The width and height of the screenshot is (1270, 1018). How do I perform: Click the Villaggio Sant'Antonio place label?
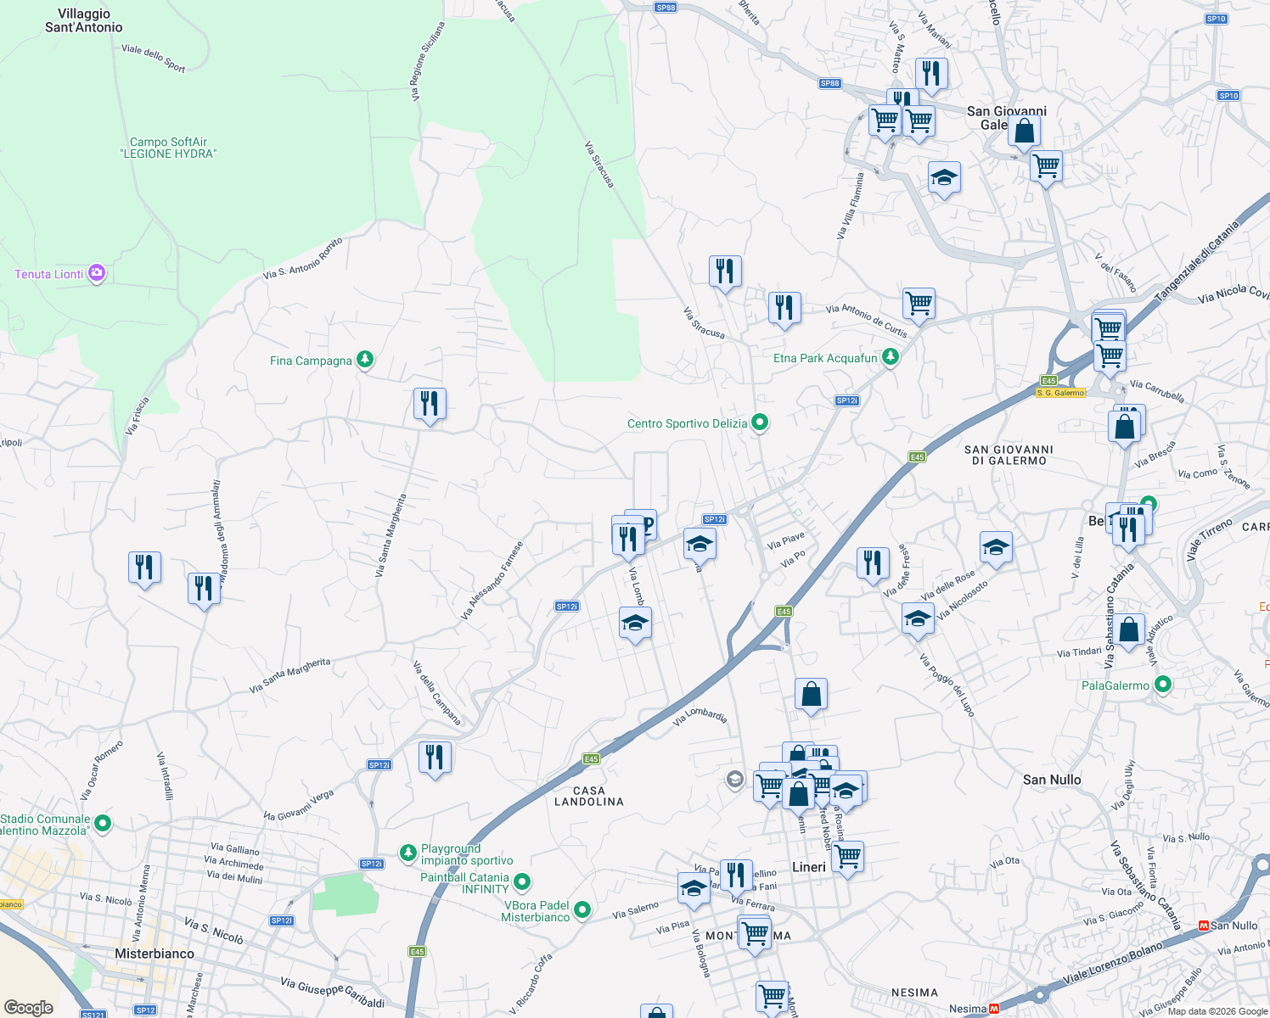[83, 20]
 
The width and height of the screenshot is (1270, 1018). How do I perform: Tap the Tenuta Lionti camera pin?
[97, 273]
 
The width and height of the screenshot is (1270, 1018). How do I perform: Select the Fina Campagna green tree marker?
[365, 360]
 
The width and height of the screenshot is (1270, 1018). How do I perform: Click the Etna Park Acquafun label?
[825, 358]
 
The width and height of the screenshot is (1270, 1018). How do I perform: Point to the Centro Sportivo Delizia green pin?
[760, 422]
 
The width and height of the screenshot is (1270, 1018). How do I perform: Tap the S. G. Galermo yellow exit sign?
[1060, 393]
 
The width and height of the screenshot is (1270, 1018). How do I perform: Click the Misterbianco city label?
[155, 954]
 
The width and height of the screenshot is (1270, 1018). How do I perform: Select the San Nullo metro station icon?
[1203, 926]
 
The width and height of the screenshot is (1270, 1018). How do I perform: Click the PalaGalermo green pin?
[1163, 685]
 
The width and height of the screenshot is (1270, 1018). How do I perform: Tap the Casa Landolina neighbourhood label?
[589, 796]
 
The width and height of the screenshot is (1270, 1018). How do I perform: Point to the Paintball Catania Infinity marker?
[522, 882]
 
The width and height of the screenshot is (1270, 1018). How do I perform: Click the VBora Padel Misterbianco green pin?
[582, 910]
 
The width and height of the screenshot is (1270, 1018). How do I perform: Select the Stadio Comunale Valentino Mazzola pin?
[103, 823]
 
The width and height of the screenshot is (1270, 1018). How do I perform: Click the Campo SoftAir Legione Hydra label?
[168, 148]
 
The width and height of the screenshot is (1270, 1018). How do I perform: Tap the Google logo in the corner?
[28, 1007]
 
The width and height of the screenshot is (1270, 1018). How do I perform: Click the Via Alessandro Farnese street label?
[492, 580]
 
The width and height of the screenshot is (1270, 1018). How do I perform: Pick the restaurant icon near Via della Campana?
[435, 757]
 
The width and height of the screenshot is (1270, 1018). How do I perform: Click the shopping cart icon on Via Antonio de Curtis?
[919, 303]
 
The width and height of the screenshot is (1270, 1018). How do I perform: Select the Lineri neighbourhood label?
[808, 867]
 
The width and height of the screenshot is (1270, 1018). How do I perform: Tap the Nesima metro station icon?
[994, 1009]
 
